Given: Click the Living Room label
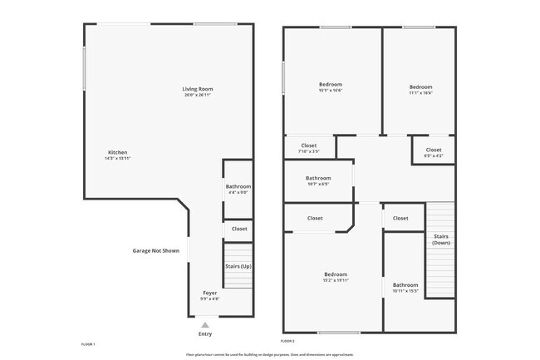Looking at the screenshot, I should [x=199, y=89].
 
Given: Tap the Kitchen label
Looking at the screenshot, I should [x=118, y=152].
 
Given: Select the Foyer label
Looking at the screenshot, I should [x=210, y=293].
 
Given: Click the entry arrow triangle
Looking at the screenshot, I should [x=205, y=324].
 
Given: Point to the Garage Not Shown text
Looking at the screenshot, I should [x=156, y=250].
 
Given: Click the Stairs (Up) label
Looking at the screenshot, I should [x=238, y=266].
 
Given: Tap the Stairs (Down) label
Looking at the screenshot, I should [x=442, y=239].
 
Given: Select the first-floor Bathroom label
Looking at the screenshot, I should [x=238, y=187].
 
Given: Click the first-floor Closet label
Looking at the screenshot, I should [x=239, y=229].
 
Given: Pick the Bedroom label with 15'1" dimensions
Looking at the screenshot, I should [x=331, y=85].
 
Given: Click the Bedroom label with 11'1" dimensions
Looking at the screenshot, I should [x=420, y=86].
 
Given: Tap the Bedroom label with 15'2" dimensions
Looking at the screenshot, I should [x=336, y=274].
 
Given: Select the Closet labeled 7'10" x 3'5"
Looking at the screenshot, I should [x=307, y=147].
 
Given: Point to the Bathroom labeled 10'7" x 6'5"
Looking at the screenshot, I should [x=318, y=178].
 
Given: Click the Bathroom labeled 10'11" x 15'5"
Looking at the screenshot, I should [x=405, y=285].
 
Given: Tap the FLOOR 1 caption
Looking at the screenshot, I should [x=89, y=343].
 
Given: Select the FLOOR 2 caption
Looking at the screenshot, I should [x=288, y=341].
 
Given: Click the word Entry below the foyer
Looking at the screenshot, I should [x=205, y=334].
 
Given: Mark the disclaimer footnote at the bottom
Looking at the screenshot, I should [x=269, y=354].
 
